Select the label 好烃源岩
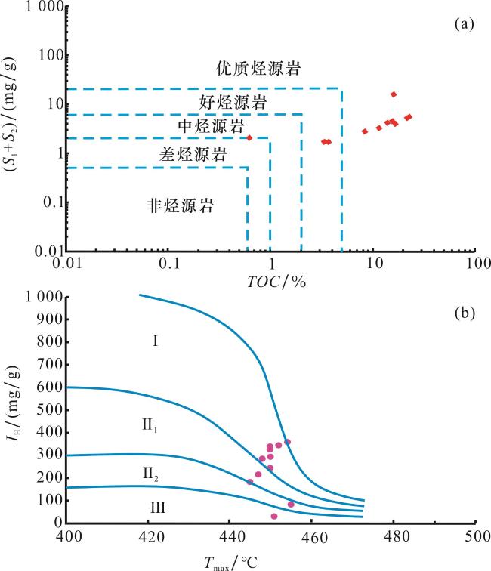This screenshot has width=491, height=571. pos(228,101)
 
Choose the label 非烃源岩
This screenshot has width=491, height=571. pos(179,205)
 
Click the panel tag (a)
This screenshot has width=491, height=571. pos(462,24)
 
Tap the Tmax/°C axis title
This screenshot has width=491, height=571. pos(232,559)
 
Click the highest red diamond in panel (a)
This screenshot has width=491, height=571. pos(394,94)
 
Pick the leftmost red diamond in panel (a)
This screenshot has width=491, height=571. pos(249,137)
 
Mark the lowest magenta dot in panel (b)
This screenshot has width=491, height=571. pos(274,517)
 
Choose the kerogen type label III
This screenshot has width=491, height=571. pos(157,508)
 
